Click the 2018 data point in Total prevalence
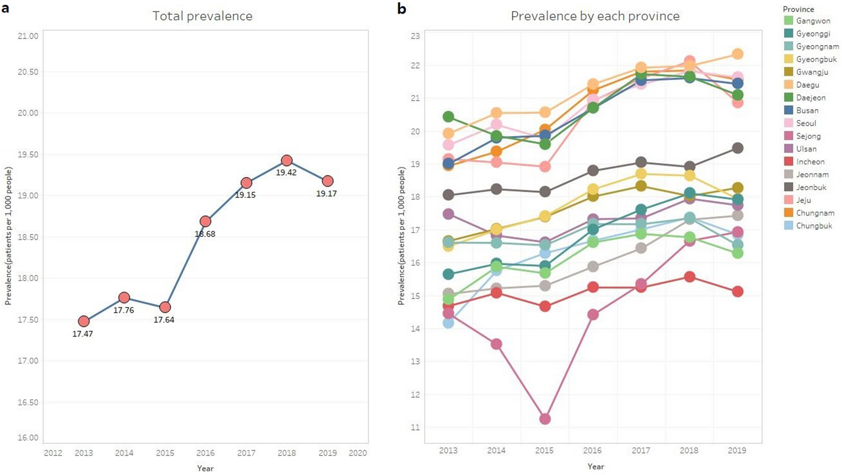click(x=287, y=160)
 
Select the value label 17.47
click(x=83, y=334)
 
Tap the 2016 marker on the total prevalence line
click(x=205, y=221)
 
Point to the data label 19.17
click(x=326, y=193)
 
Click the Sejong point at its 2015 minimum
click(x=545, y=419)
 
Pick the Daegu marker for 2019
click(x=738, y=54)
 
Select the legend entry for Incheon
click(x=810, y=162)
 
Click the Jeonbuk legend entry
click(x=811, y=187)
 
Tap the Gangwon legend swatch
click(x=789, y=21)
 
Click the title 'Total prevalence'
click(x=202, y=16)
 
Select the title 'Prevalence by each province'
click(x=595, y=16)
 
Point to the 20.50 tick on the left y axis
click(x=28, y=72)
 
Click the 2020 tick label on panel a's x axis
click(x=357, y=453)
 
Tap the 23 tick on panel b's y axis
click(x=415, y=36)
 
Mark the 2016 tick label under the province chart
click(x=592, y=450)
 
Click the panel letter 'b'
click(x=401, y=8)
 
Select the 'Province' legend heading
click(x=798, y=9)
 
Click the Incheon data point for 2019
click(x=738, y=292)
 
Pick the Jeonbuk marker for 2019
click(x=738, y=148)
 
